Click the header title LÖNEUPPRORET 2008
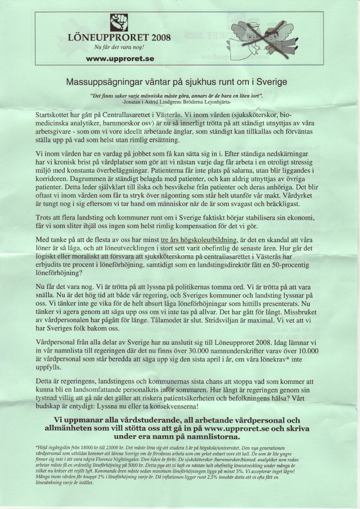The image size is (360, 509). tap(119, 38)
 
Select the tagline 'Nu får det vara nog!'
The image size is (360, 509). tap(119, 47)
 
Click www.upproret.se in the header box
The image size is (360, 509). tap(120, 58)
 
